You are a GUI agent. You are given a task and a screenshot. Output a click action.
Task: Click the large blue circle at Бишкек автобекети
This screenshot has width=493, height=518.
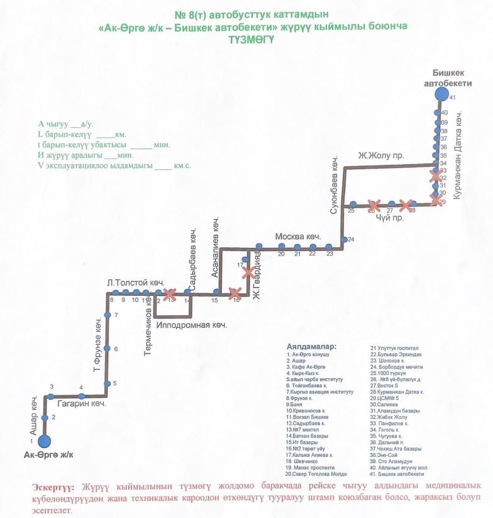coord(441,94)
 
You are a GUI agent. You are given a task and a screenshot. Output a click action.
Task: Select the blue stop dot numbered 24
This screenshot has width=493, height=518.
coord(344,240)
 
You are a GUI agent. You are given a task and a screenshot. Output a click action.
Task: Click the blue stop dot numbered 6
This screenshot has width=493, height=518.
coord(107,349)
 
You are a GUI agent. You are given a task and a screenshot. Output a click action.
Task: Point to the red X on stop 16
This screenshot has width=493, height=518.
coord(235,293)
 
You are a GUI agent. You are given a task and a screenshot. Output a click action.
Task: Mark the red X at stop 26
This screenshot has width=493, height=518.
coord(374,205)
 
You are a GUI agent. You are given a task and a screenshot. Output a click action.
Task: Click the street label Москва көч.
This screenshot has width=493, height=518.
coord(298,237)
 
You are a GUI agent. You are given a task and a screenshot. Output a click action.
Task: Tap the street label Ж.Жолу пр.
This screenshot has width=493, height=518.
coord(380,155)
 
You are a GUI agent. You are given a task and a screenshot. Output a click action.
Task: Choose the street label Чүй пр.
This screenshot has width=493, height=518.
coord(388,217)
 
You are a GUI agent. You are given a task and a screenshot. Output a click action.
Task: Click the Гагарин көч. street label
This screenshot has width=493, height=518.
coord(81,405)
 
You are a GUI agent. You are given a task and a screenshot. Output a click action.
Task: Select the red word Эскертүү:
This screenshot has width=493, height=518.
coord(53,487)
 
